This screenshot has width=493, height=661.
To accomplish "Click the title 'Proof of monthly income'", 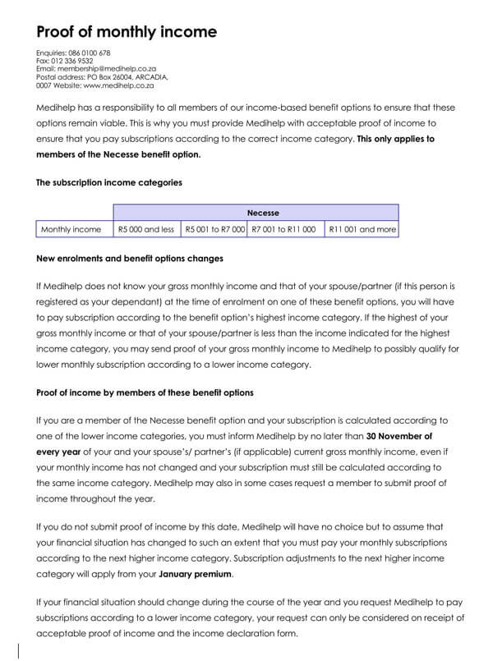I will tap(127, 32).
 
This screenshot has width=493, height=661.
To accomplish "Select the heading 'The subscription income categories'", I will tap(109, 182).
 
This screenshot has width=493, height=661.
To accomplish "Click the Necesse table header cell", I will tap(255, 213).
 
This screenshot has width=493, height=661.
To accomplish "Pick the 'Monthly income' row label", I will tap(71, 230).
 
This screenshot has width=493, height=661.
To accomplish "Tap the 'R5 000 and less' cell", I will tap(145, 230).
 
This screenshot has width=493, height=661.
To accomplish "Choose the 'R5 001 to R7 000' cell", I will tap(214, 230).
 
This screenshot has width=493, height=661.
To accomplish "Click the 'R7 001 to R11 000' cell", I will tap(283, 230).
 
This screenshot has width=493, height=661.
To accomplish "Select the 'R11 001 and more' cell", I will tap(362, 230).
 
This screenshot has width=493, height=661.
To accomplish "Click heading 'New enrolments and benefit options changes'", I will tap(130, 259).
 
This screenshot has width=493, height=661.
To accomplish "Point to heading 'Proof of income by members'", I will tap(145, 392).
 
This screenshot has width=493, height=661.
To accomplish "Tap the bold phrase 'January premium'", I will tap(196, 574).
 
